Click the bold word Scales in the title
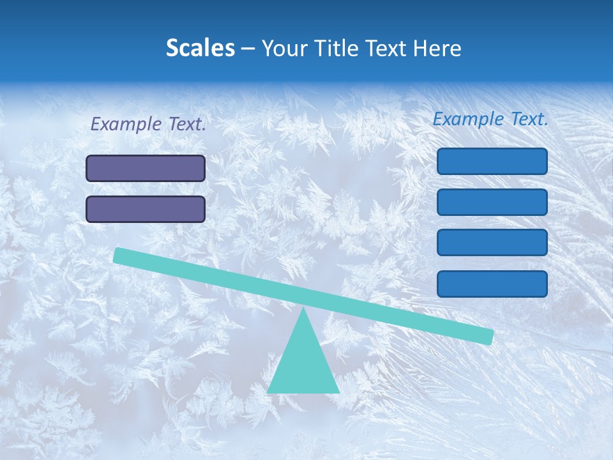[x=201, y=49]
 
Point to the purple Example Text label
[x=148, y=124]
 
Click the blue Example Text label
[x=490, y=119]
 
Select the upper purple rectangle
[x=146, y=169]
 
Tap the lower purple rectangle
[x=146, y=209]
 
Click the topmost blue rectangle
[x=492, y=161]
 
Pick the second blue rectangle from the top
[x=492, y=202]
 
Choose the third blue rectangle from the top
[x=492, y=243]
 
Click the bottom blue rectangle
[x=492, y=284]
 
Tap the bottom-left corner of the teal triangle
[x=268, y=392]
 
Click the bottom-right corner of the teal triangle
[x=338, y=392]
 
